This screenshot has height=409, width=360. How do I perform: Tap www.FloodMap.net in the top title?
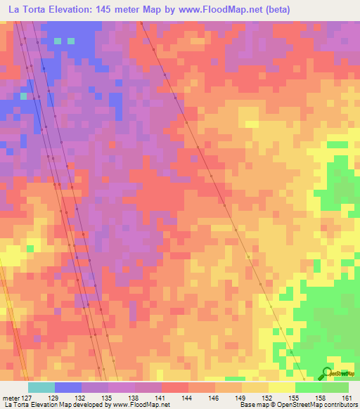213,9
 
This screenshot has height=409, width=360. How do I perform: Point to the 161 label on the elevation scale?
345,398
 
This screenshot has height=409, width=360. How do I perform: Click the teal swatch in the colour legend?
41,387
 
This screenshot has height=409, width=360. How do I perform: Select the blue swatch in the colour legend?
68,387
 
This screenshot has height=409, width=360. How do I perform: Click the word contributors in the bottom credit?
340,405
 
